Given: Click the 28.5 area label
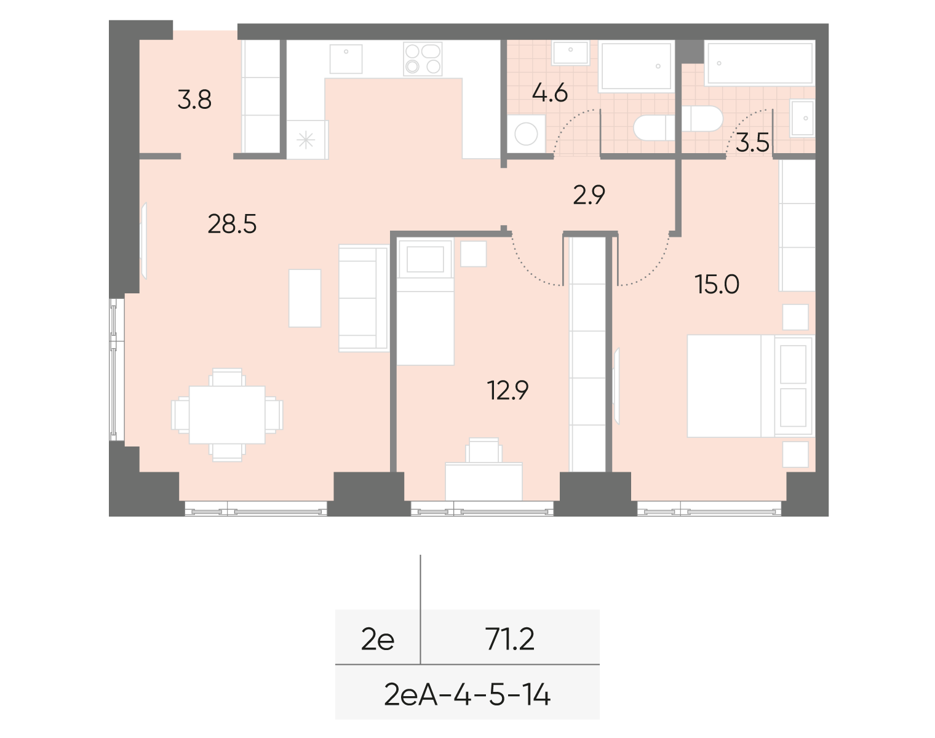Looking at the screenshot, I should coord(232,225).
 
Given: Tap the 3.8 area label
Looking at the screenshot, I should coord(194,100).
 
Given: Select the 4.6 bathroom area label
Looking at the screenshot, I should coord(549,93).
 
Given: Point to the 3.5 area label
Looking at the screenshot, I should coord(752,143).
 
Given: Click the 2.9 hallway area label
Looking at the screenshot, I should coord(589,196).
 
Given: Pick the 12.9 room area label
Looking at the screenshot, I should coord(507,391).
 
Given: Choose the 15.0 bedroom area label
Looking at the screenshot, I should coord(717,285).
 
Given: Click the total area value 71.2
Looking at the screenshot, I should coord(509,640).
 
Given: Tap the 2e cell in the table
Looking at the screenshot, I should coord(378,640).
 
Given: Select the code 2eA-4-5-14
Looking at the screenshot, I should coord(467,695).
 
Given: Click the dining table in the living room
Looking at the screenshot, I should coord(227,415).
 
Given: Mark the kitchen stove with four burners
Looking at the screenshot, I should coord(423,59).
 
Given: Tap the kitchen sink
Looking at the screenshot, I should coord(346,58).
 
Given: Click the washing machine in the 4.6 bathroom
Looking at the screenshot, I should coord(526,133).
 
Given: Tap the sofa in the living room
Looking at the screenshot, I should coord(364,298).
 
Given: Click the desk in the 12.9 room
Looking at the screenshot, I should coord(483,481).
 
